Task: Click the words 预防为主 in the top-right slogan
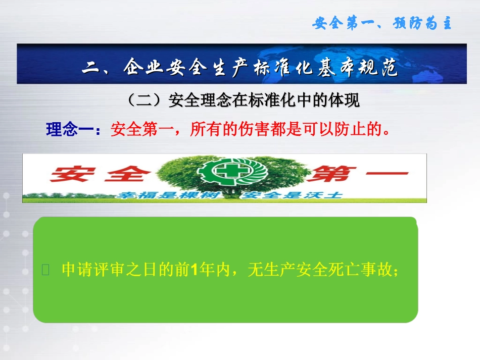pos(422,24)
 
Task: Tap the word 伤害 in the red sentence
pos(256,130)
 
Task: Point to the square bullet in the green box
pos(45,271)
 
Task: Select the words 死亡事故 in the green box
pos(362,270)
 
